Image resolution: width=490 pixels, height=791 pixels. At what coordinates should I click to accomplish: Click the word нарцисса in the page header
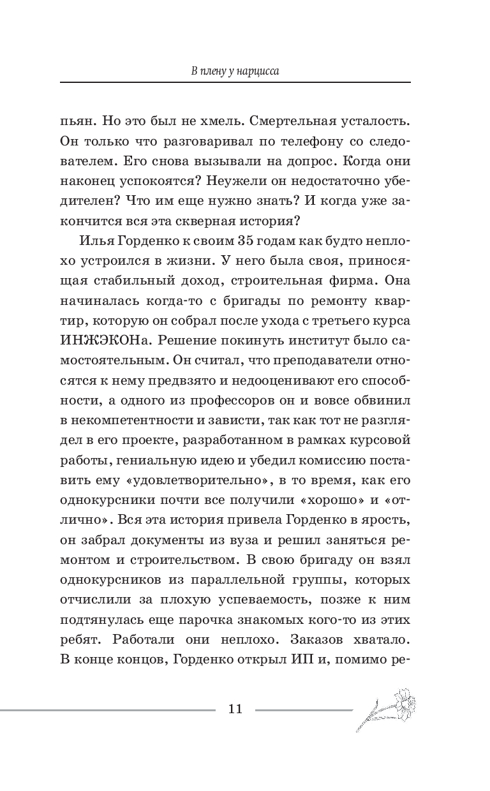tap(259, 71)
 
